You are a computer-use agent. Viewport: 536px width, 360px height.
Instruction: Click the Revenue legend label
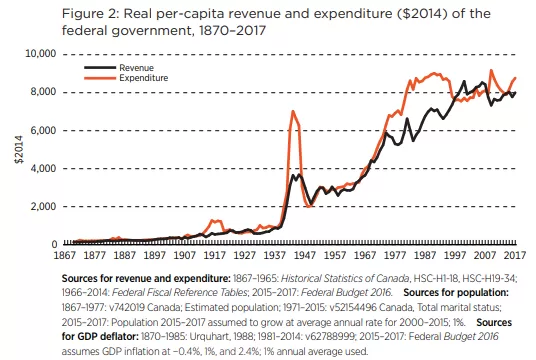[136, 68]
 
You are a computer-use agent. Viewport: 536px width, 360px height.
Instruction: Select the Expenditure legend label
[144, 78]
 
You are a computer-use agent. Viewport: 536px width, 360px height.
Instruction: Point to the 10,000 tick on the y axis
[41, 53]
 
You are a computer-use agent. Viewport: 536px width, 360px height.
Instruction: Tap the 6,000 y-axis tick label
[43, 130]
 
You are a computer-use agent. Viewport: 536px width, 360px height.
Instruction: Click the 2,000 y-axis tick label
[43, 206]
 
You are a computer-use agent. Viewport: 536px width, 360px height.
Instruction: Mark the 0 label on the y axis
[54, 244]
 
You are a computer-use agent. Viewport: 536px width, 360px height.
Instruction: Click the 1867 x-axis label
[65, 255]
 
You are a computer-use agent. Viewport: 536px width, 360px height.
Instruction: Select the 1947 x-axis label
[305, 255]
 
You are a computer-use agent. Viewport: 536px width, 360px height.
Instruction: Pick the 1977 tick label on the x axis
[395, 255]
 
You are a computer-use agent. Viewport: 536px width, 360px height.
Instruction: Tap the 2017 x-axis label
[515, 255]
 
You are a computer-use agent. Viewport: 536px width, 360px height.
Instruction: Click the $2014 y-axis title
[19, 149]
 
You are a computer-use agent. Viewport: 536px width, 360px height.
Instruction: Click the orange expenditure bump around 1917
[215, 221]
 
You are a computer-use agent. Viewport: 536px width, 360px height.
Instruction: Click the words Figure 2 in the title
[90, 14]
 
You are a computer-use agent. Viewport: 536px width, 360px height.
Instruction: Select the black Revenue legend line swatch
[100, 68]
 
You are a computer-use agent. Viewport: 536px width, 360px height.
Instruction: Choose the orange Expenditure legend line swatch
[100, 78]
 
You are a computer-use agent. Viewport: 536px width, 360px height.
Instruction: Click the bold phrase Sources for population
[456, 293]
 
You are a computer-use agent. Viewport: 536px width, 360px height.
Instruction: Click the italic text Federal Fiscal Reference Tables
[179, 293]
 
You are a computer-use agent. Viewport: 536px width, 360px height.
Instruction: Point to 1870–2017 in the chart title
[232, 31]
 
